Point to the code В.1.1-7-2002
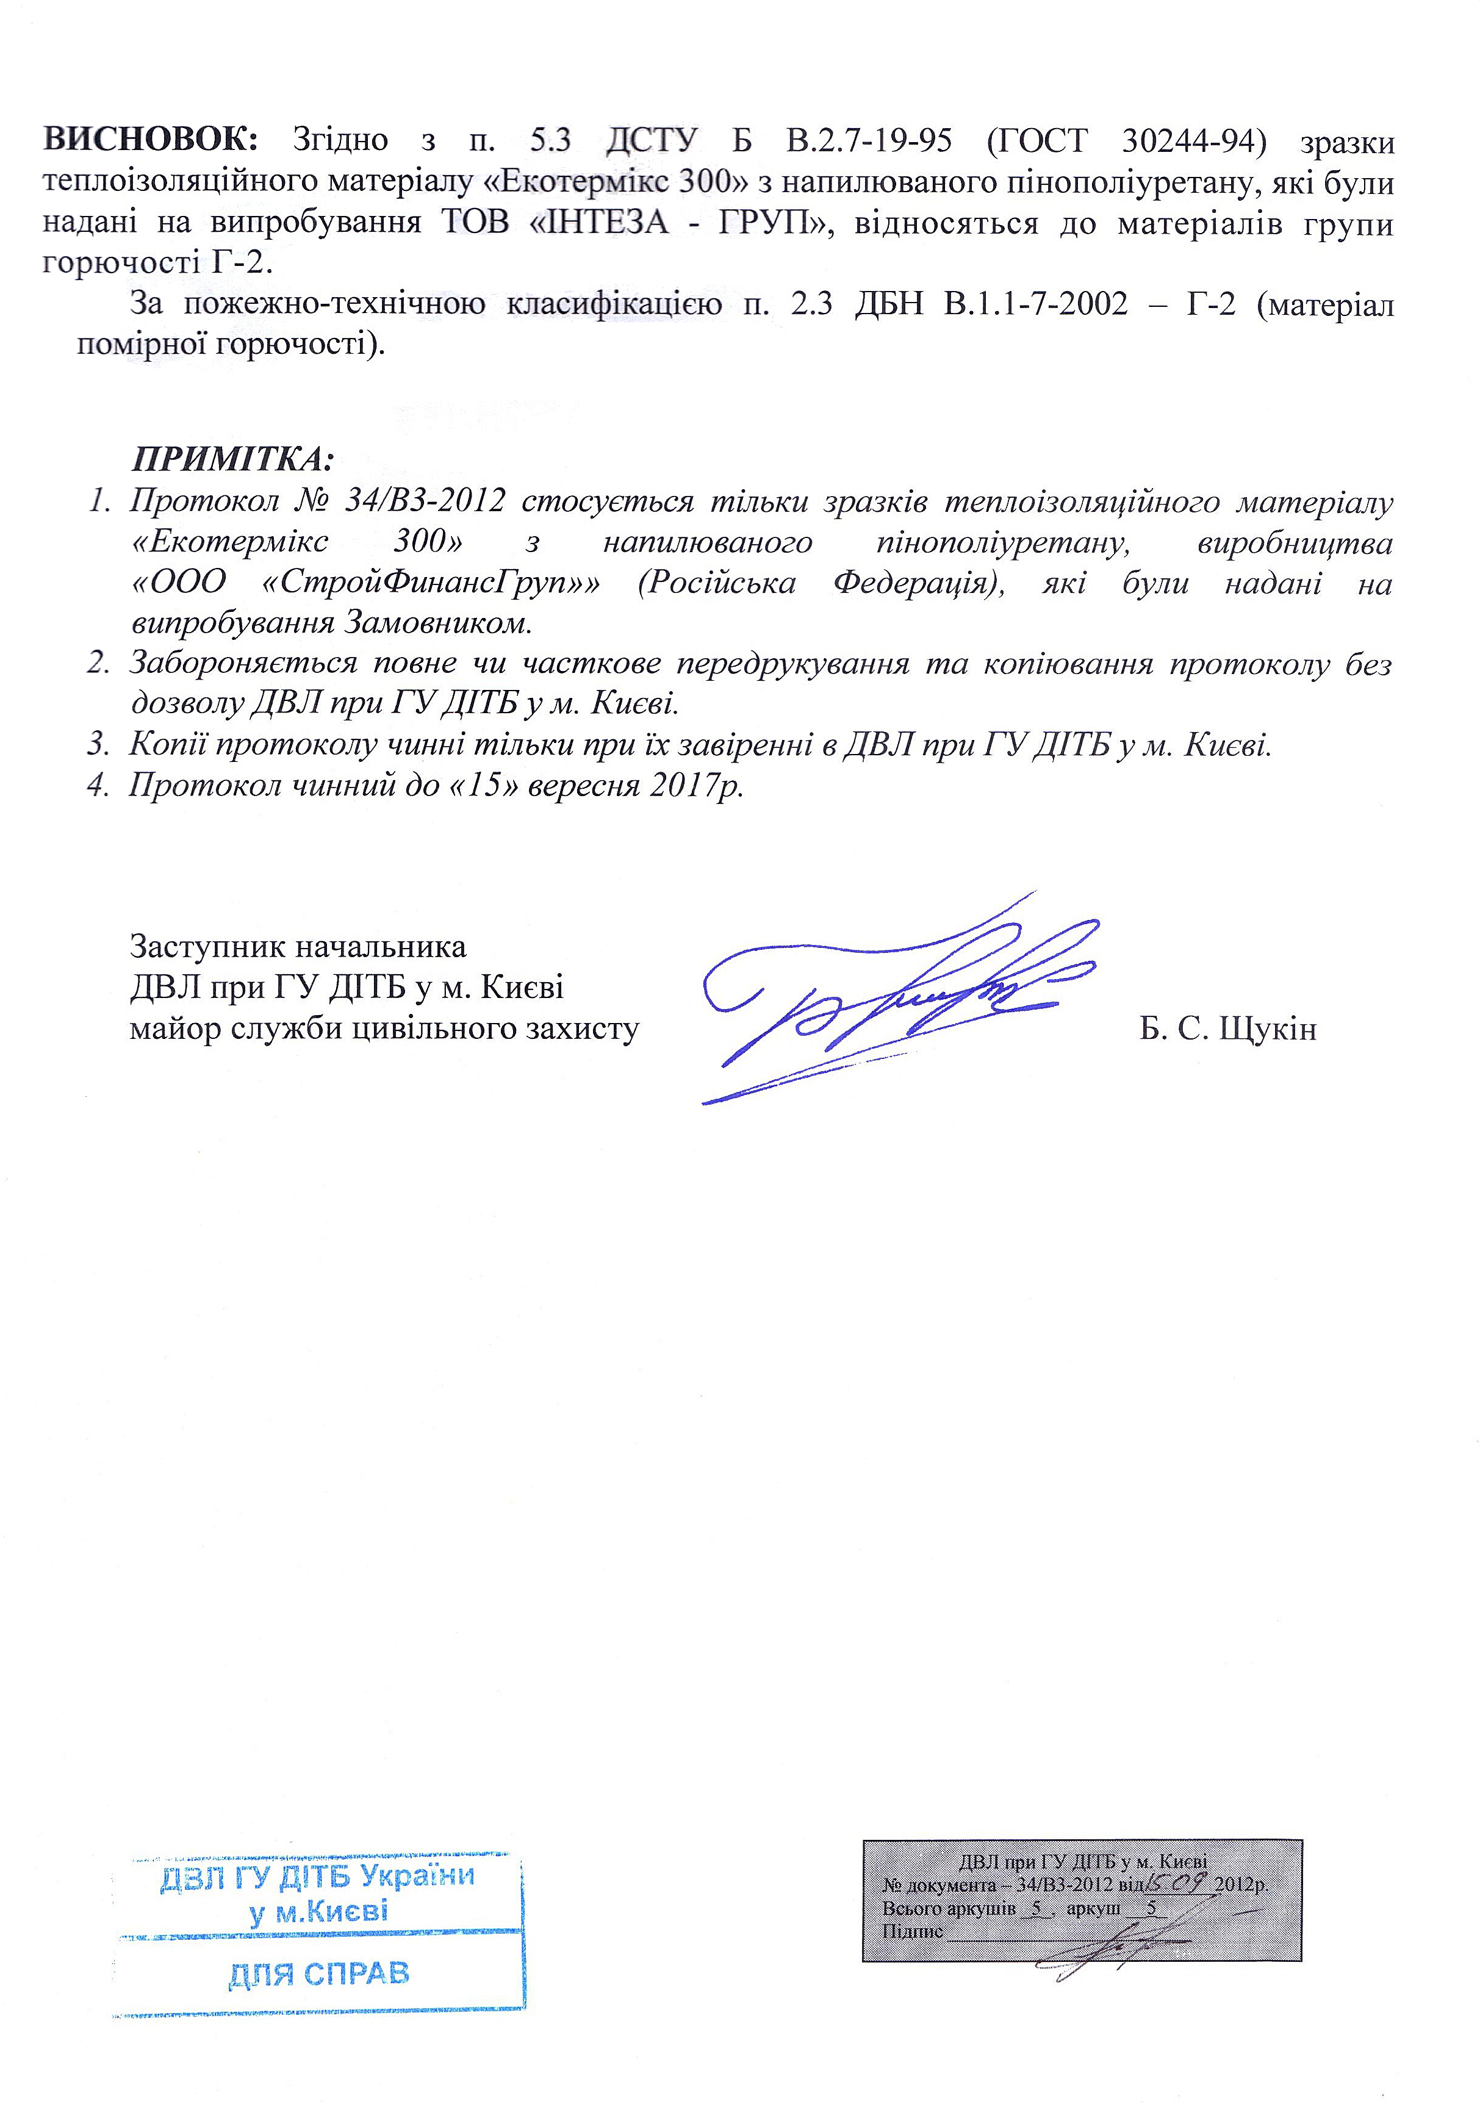[x=1035, y=304]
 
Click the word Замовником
[x=438, y=624]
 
